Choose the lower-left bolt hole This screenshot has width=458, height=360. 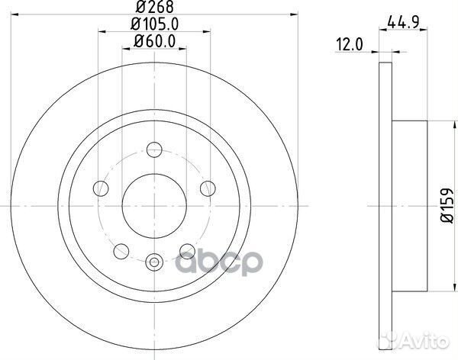(x=121, y=251)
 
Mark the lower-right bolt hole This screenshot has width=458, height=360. (x=186, y=251)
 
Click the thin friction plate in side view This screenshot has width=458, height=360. (x=383, y=207)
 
